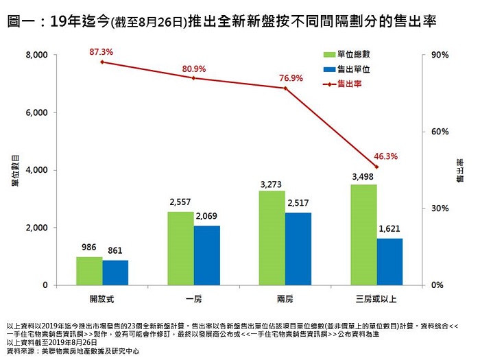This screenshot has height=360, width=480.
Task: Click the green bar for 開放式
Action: point(89,271)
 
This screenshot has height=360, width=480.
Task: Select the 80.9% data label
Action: point(193,69)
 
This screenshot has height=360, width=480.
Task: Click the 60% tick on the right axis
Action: point(440,132)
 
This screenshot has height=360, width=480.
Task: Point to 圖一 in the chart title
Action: point(21,21)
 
